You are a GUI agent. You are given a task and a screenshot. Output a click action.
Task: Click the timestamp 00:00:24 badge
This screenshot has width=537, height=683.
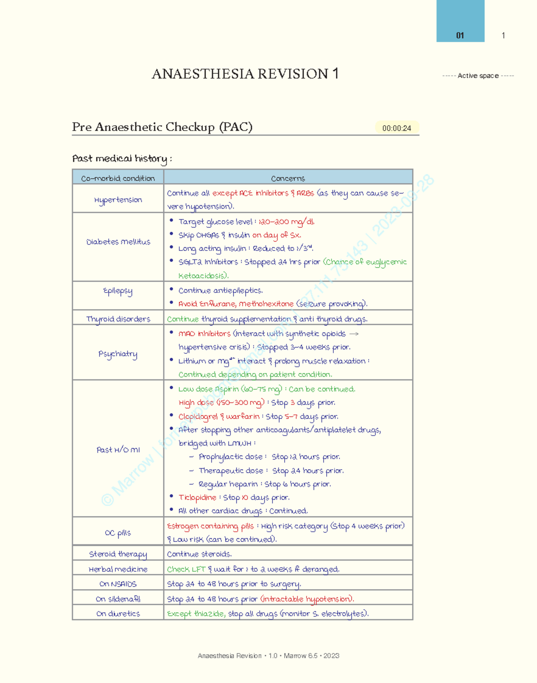point(396,128)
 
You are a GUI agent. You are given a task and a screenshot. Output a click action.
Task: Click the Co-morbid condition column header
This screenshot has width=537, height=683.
point(118,178)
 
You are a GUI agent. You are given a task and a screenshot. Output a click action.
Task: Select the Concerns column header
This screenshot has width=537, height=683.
point(288,178)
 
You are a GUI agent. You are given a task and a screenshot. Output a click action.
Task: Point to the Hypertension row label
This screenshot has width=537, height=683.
point(118,199)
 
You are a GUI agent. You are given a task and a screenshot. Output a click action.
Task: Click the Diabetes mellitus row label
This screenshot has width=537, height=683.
point(118,242)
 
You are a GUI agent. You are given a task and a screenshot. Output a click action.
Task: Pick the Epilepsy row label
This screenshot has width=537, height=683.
point(118,291)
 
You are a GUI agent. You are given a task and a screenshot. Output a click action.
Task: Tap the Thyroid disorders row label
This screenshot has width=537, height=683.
point(118,319)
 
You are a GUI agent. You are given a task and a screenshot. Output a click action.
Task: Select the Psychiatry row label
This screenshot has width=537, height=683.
point(118,354)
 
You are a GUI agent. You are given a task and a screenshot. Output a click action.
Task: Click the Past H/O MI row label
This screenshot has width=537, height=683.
point(118,450)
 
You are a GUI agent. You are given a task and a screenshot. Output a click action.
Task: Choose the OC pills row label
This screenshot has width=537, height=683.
point(118,533)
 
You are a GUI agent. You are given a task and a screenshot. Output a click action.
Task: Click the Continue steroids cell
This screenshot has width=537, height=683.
point(199,554)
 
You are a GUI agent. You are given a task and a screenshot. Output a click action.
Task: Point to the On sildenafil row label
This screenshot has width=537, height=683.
point(118,599)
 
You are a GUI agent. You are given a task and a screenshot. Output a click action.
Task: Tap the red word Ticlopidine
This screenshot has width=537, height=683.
point(197,497)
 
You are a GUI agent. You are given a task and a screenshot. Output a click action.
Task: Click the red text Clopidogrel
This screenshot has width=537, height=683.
point(197,416)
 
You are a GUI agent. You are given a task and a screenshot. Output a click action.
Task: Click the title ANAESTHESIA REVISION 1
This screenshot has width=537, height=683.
point(245,74)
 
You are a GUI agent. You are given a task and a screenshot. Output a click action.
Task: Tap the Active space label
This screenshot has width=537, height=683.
point(478,76)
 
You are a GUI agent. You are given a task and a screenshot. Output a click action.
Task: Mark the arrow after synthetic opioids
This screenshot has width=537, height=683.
point(354,334)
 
